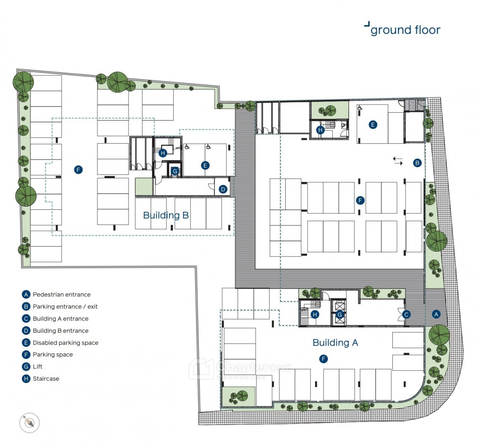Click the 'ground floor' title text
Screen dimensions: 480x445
(x=405, y=30)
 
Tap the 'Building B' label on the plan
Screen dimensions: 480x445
(x=166, y=215)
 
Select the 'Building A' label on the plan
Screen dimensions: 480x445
(x=335, y=342)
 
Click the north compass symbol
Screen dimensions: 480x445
(x=29, y=423)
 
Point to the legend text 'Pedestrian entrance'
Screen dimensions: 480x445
(x=62, y=294)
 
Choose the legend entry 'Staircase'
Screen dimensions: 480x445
(x=46, y=378)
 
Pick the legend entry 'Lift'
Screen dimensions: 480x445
(x=38, y=366)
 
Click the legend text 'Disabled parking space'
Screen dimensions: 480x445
(x=66, y=343)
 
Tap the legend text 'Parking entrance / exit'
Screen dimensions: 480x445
(x=65, y=306)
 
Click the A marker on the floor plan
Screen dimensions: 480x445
(x=436, y=314)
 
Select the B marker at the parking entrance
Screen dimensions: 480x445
(x=417, y=163)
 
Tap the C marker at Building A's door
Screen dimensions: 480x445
(x=406, y=314)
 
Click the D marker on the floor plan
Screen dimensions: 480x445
(x=223, y=189)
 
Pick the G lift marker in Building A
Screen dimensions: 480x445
(x=340, y=314)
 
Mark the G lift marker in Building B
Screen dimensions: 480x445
(x=175, y=171)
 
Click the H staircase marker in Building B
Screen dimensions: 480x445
(x=163, y=153)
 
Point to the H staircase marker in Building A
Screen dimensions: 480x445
(x=315, y=314)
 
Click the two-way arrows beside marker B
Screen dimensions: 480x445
(x=398, y=161)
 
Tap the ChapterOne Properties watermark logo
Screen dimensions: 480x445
(x=240, y=369)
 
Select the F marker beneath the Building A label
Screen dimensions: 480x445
(x=323, y=359)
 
